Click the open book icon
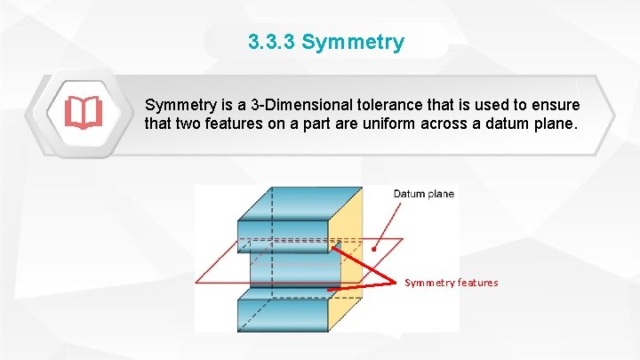[83, 113]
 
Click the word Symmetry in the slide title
[353, 42]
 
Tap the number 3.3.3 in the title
[272, 42]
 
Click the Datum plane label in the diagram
[424, 194]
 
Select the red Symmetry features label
[452, 283]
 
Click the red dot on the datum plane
[374, 250]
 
